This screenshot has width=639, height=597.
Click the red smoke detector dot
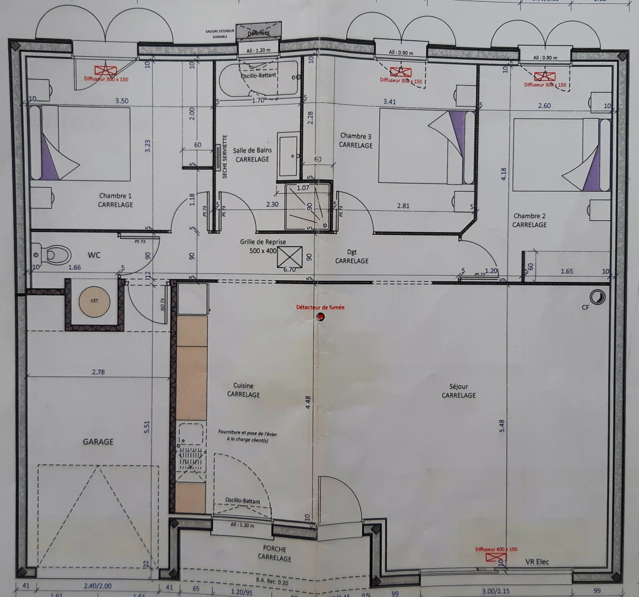pyautogui.click(x=321, y=316)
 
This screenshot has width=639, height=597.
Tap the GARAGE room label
pyautogui.click(x=98, y=442)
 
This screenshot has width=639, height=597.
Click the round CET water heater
pyautogui.click(x=93, y=302)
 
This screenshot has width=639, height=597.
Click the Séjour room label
pyautogui.click(x=459, y=391)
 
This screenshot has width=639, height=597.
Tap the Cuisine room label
pyautogui.click(x=243, y=390)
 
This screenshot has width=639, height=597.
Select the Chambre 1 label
pyautogui.click(x=116, y=200)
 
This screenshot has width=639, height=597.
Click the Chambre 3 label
pyautogui.click(x=355, y=140)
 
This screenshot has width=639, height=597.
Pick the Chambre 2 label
pyautogui.click(x=529, y=220)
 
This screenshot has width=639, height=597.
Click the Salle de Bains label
pyautogui.click(x=252, y=154)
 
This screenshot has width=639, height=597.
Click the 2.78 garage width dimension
pyautogui.click(x=98, y=372)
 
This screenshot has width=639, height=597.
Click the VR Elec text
pyautogui.click(x=537, y=562)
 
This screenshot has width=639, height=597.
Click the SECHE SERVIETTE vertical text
pyautogui.click(x=225, y=157)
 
